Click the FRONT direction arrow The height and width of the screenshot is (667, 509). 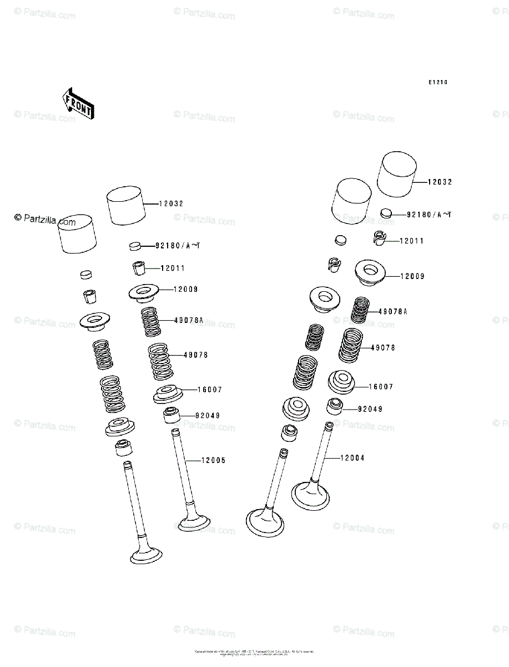(78, 103)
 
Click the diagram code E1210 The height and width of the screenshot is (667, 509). (437, 82)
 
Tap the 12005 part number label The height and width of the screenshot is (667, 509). (213, 461)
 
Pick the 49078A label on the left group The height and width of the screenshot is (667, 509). (189, 320)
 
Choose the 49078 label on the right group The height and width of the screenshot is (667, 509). (382, 348)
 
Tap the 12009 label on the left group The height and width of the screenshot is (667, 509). (185, 290)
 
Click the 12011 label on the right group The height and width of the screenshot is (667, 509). (411, 241)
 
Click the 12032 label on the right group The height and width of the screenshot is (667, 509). (440, 182)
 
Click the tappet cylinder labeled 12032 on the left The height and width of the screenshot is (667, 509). (125, 206)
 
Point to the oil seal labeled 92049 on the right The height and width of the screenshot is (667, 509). (334, 407)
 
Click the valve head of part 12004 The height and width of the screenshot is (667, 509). (310, 495)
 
